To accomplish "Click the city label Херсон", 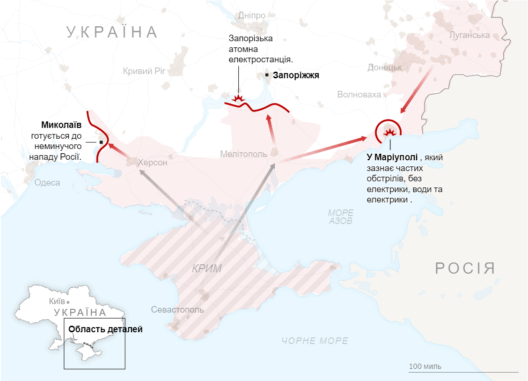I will pos(152,163).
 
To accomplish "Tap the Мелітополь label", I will pos(243,154).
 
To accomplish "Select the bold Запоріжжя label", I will pos(296,75).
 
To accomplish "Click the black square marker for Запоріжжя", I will pos(267,75).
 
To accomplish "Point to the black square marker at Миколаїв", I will pos(101,142).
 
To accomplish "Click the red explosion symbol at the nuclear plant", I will pos(239,98).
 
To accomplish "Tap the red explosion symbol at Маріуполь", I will pos(389,133).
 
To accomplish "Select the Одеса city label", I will pos(47,183).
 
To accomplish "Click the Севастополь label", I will pos(177,310).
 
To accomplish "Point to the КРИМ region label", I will pos(206,269).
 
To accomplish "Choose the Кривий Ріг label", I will pos(145,71).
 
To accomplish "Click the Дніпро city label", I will pos(252,15).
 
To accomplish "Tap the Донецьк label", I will pos(385,67).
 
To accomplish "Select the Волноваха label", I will pos(359,95).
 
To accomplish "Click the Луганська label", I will pos(469,35).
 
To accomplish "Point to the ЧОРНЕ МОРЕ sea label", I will pos(315,341).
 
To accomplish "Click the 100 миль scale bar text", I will pos(425,366).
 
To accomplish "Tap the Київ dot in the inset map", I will pos(68,302).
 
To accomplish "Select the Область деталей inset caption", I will pos(105,329).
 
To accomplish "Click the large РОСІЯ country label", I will pos(465,269).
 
